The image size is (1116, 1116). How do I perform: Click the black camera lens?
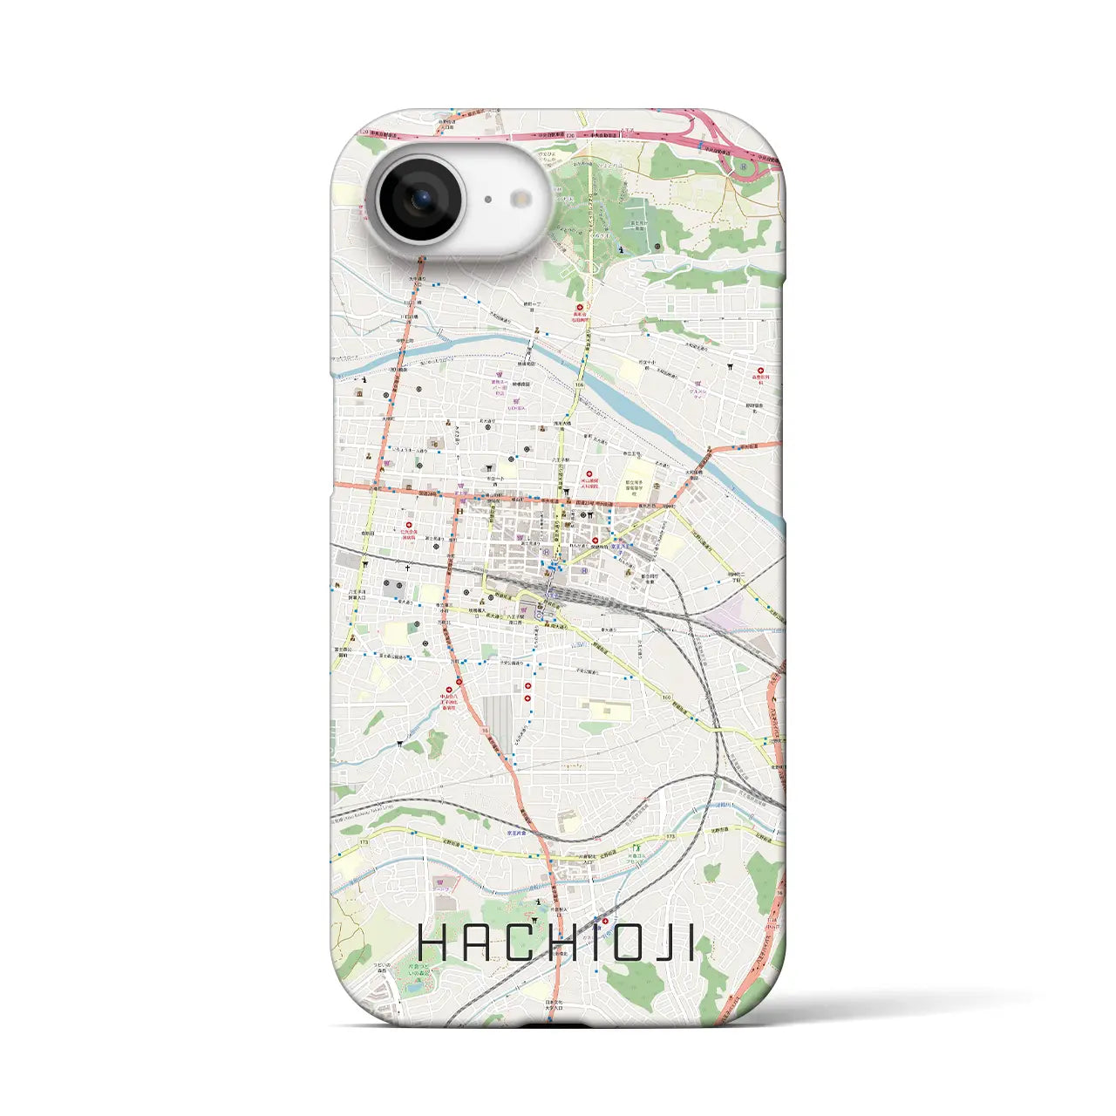(x=419, y=201)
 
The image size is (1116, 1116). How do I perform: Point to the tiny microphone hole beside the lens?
(x=487, y=200)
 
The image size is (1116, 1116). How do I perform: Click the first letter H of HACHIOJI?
(x=433, y=943)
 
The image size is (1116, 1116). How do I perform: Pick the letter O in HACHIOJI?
(x=629, y=943)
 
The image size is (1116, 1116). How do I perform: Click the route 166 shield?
(x=580, y=384)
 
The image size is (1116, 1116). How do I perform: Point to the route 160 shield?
(x=667, y=697)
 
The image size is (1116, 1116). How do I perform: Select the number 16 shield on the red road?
(x=483, y=731)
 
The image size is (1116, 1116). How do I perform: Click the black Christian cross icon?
(x=406, y=568)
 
